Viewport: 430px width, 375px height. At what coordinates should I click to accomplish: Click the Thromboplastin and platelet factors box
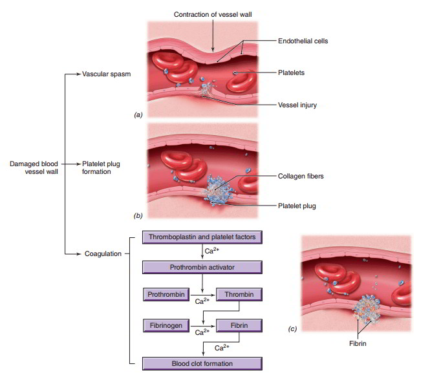[x=202, y=237]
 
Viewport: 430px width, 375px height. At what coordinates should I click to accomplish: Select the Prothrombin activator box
[x=202, y=267]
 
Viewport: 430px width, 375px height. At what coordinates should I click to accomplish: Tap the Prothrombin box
[x=166, y=294]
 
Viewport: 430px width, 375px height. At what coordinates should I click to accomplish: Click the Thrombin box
[x=239, y=294]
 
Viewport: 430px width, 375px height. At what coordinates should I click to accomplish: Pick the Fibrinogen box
[x=166, y=325]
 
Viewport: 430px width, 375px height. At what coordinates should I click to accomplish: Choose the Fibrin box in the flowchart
[x=239, y=325]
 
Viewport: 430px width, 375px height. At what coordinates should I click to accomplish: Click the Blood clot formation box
[x=202, y=363]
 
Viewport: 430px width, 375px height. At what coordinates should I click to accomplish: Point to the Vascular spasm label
[x=107, y=74]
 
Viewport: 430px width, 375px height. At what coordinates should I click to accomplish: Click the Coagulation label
[x=103, y=254]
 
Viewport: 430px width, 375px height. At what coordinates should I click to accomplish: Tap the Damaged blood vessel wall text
[x=34, y=167]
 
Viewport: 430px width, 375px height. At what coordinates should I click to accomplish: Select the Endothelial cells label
[x=303, y=41]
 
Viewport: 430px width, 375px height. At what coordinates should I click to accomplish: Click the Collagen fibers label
[x=301, y=176]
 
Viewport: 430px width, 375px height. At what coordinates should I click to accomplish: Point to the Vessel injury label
[x=297, y=105]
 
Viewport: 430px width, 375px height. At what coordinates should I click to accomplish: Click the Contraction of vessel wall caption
[x=213, y=14]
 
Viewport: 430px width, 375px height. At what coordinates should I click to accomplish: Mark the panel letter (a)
[x=138, y=114]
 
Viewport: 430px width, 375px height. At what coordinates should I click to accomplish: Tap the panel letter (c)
[x=292, y=328]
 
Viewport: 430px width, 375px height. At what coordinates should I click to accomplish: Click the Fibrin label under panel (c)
[x=358, y=343]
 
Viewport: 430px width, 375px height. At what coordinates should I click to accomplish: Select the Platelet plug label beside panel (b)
[x=297, y=206]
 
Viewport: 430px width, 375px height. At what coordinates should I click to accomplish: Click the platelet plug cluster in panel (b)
[x=217, y=190]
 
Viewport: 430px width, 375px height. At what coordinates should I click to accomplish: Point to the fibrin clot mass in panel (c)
[x=367, y=309]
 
